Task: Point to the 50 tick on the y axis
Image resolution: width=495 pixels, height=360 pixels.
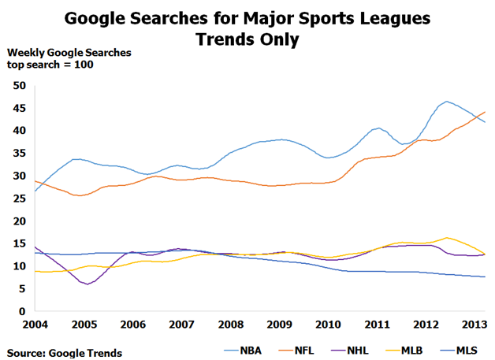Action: (20, 85)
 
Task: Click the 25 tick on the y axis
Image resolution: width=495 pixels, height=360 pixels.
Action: (20, 199)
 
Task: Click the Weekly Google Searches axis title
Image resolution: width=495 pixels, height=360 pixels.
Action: (69, 53)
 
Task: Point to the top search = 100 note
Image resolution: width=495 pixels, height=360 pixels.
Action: (50, 65)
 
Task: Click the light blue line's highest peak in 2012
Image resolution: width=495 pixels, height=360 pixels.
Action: (447, 101)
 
